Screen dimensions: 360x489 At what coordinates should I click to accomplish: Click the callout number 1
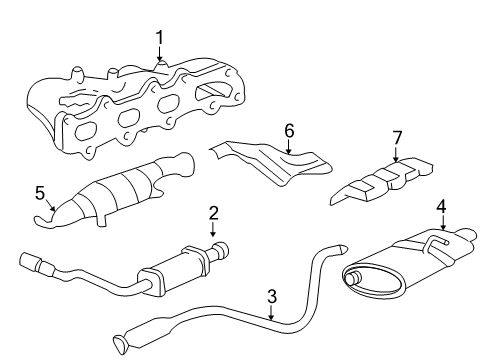(x=159, y=38)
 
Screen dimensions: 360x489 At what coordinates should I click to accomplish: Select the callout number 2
(x=213, y=212)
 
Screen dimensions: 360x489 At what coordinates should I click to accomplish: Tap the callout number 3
(x=271, y=295)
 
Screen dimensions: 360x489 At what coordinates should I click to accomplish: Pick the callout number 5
(x=41, y=190)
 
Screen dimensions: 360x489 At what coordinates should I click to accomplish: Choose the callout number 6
(x=289, y=130)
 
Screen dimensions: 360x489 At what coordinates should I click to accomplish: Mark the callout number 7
(x=396, y=135)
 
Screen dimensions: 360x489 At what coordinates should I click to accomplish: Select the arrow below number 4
(x=441, y=225)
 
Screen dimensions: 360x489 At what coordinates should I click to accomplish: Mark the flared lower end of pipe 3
(x=122, y=343)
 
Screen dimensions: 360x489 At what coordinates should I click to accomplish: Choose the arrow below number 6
(x=289, y=148)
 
